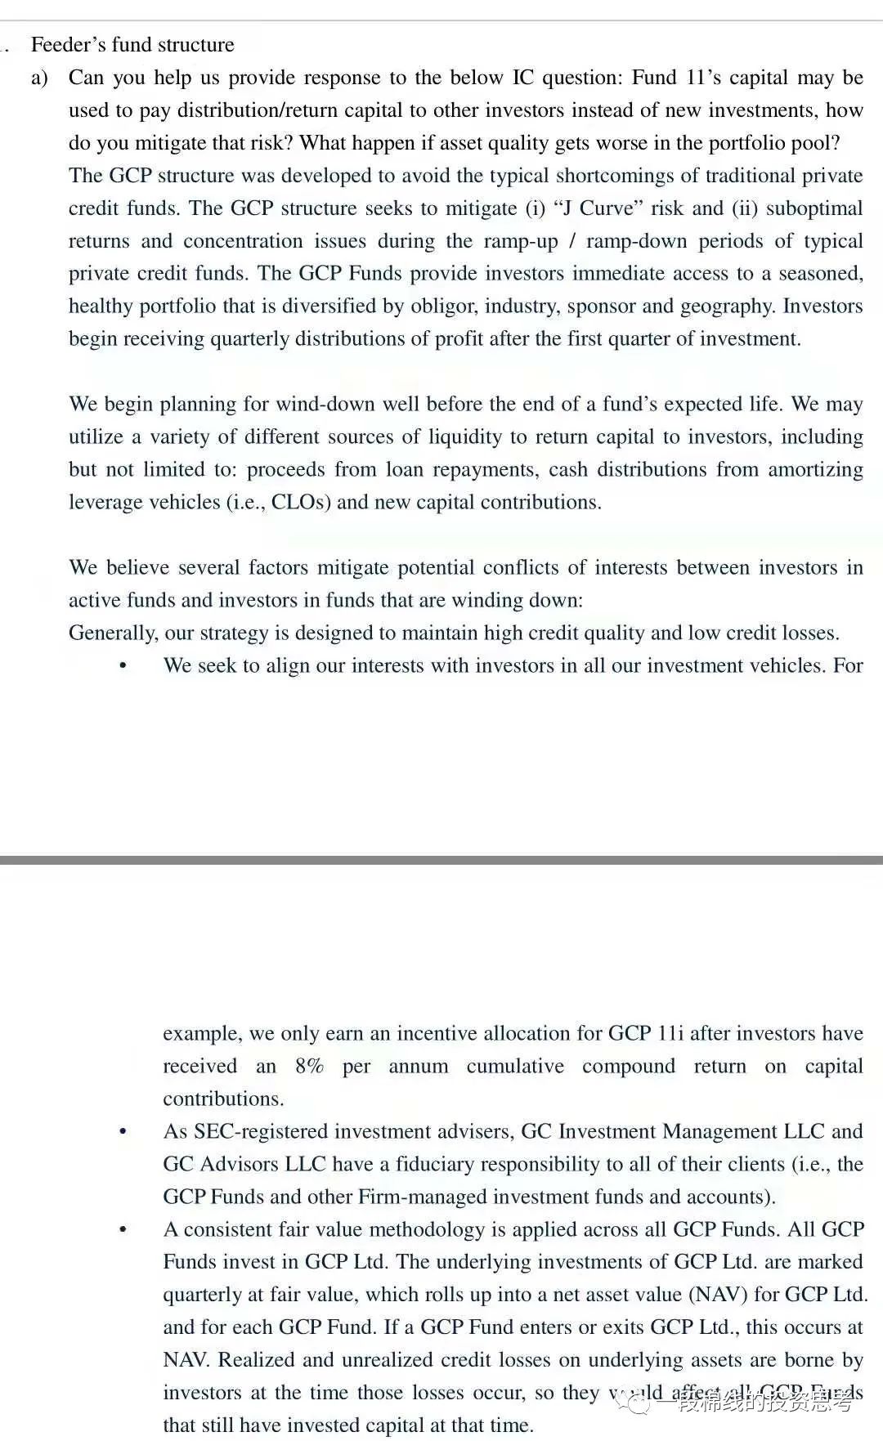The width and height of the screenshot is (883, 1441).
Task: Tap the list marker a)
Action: [39, 78]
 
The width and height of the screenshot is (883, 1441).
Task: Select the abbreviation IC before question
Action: [522, 78]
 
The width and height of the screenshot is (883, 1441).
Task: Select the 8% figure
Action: [309, 1067]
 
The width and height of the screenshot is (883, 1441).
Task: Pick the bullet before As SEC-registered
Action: [123, 1132]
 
